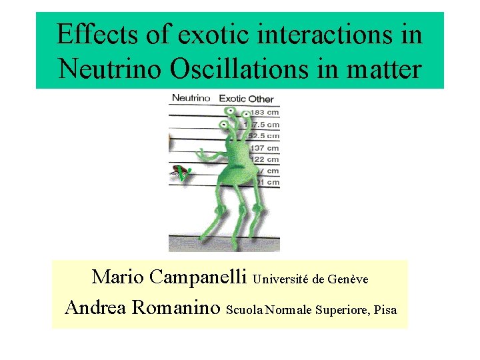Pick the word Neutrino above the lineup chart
point(191,98)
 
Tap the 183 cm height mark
point(264,112)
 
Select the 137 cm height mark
point(263,147)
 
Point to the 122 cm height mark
point(263,159)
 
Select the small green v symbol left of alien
point(179,174)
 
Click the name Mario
point(118,277)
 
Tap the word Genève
point(348,279)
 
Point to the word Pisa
point(385,310)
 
